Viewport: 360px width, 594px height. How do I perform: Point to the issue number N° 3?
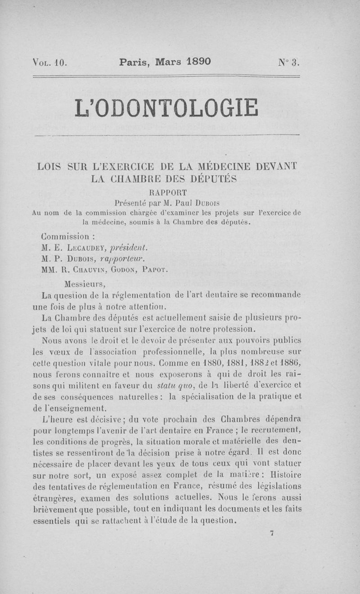coord(288,62)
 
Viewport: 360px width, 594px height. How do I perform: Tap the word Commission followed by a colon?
coord(65,236)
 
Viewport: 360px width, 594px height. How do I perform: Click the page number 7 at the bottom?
coord(272,533)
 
